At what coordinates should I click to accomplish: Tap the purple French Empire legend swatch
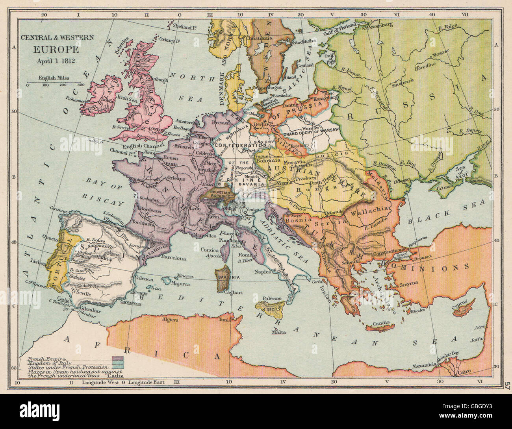[117, 359]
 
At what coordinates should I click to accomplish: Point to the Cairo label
[465, 374]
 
